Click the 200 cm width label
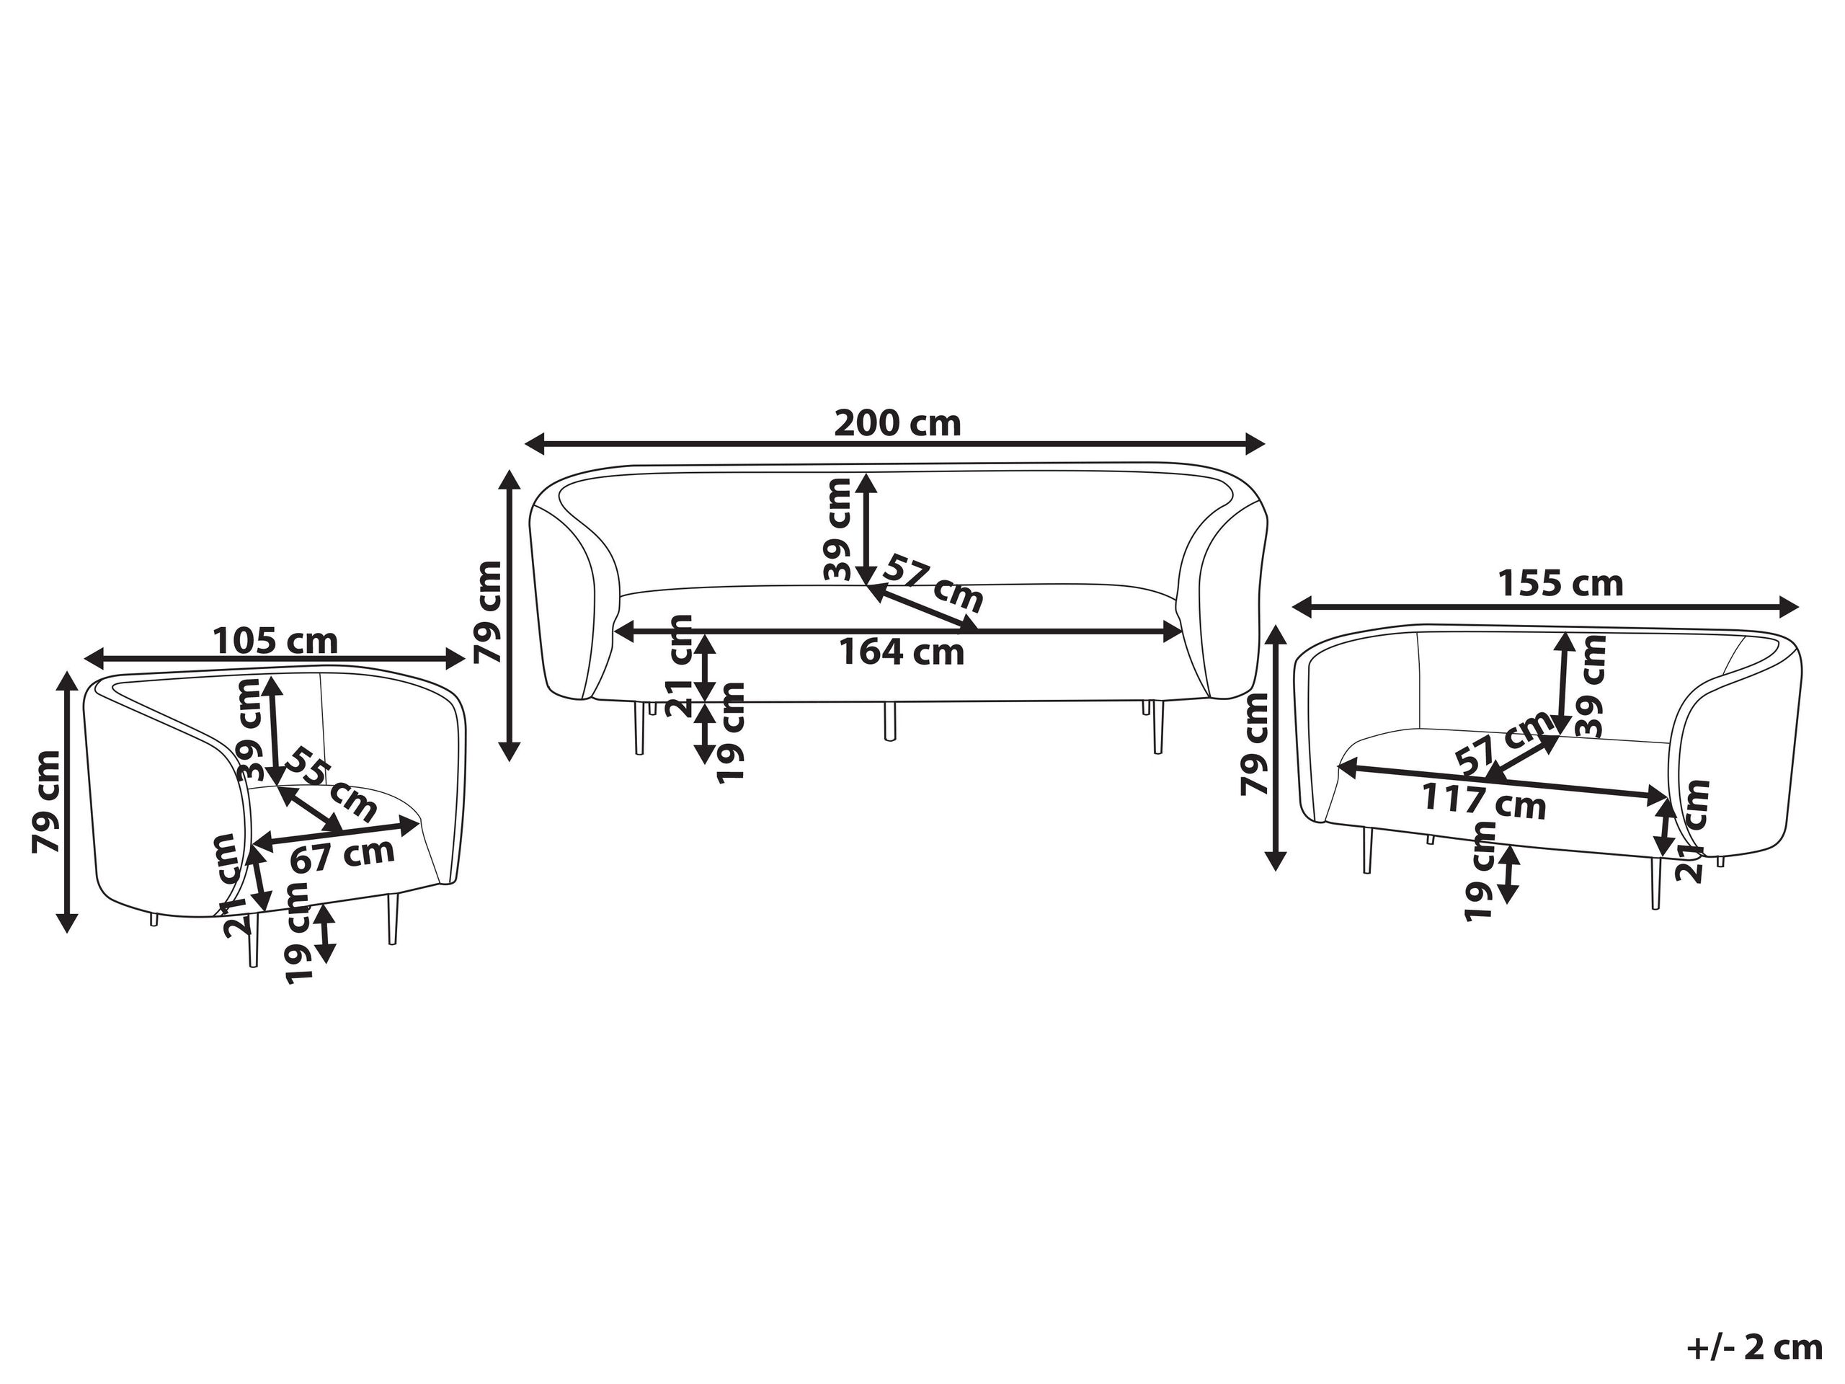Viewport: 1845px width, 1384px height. click(x=897, y=424)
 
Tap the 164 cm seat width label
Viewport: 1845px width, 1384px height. click(x=901, y=652)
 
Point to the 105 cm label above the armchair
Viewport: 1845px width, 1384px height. click(x=275, y=642)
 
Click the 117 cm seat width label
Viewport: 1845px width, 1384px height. click(x=1484, y=802)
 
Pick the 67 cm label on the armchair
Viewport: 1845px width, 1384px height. click(x=342, y=854)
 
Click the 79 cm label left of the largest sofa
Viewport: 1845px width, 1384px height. click(x=488, y=611)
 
